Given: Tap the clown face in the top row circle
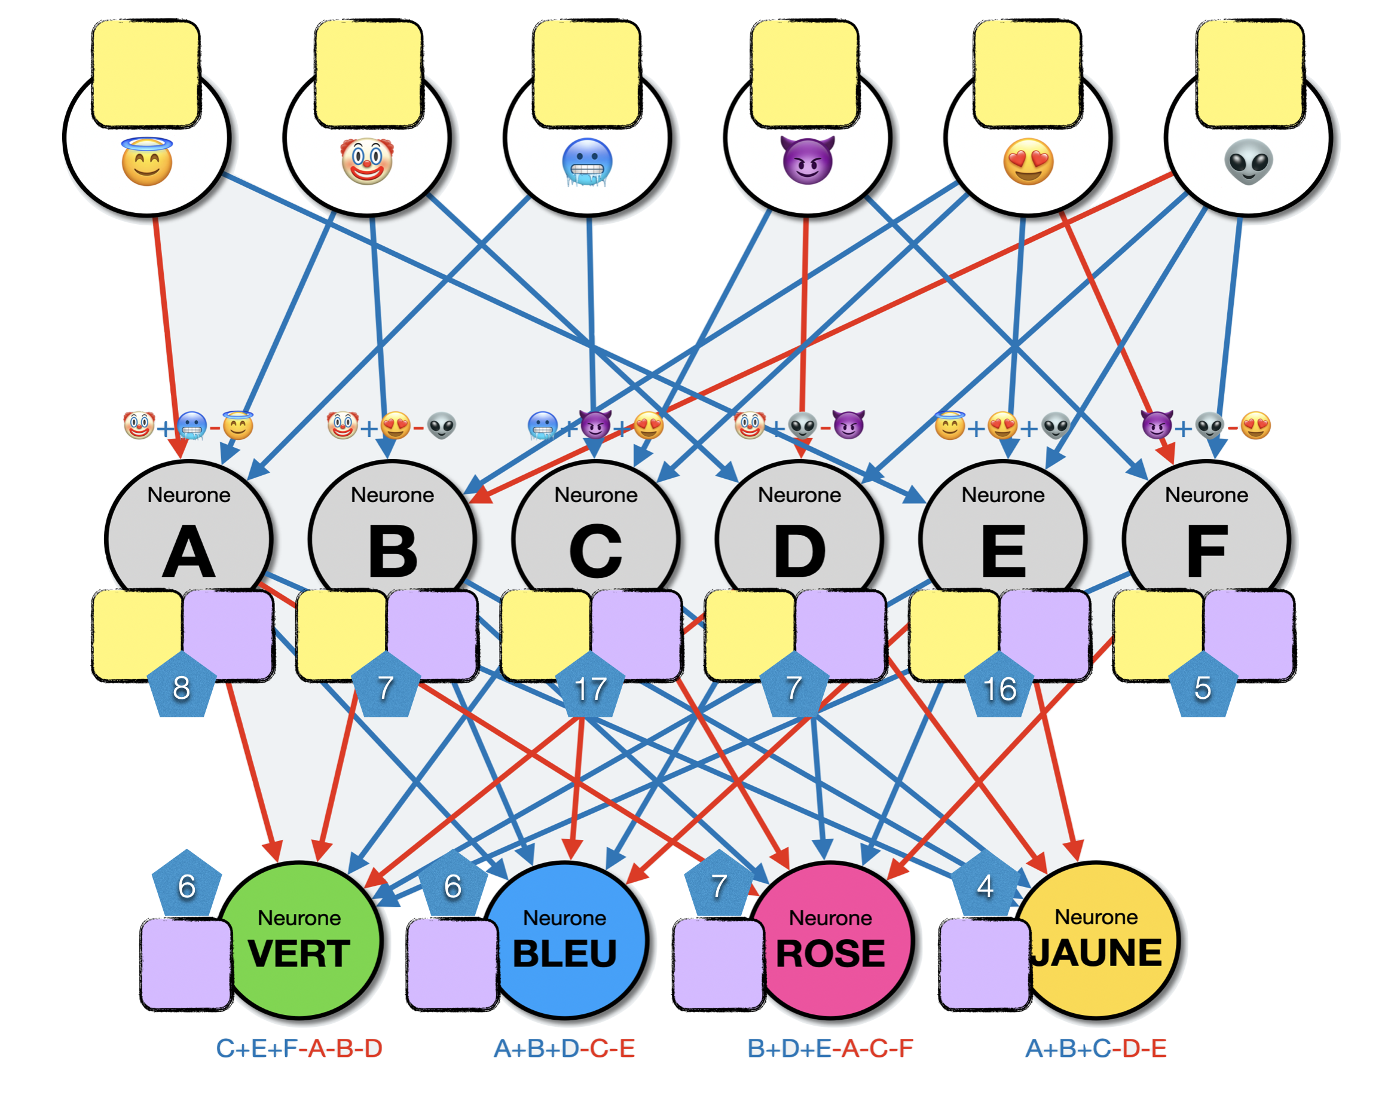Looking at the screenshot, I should (x=367, y=161).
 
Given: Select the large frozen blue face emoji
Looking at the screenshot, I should (x=587, y=162).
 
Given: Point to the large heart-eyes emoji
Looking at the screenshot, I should (x=1028, y=161).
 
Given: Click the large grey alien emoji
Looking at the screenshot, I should (x=1248, y=161).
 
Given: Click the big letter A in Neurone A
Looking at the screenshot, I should (x=188, y=552).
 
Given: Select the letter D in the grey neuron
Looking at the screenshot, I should (x=799, y=552).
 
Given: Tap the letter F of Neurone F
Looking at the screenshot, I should (x=1206, y=552).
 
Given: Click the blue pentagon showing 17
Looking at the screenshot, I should (x=590, y=687).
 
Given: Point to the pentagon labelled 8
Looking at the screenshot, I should (x=182, y=687).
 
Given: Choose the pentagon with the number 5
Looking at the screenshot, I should (x=1203, y=687).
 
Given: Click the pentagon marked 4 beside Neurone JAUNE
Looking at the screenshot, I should (x=985, y=886).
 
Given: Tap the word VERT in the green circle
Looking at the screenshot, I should (x=299, y=953).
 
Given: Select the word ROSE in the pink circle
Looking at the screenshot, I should (x=830, y=953).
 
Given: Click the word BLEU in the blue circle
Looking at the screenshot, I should (x=565, y=953).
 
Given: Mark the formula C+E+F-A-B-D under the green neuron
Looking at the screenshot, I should (x=299, y=1048).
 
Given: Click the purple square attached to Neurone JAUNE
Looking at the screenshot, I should (x=984, y=964).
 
